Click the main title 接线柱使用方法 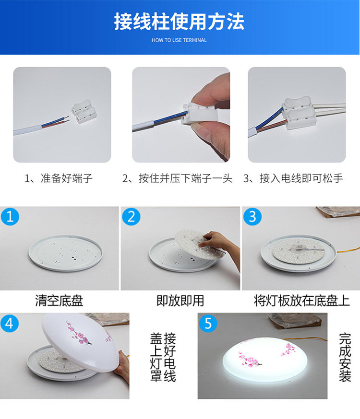pos(179,22)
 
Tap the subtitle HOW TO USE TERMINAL pos(179,40)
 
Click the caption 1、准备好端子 pos(59,179)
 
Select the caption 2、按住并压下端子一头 pos(177,179)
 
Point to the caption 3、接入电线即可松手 pos(293,179)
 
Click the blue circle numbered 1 pos(10,217)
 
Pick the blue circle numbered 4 pos(10,323)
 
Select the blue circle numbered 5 pos(208,323)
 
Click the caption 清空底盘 pos(59,301)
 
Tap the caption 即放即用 pos(180,301)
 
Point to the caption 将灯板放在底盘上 pos(301,301)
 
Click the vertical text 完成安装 pos(345,357)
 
